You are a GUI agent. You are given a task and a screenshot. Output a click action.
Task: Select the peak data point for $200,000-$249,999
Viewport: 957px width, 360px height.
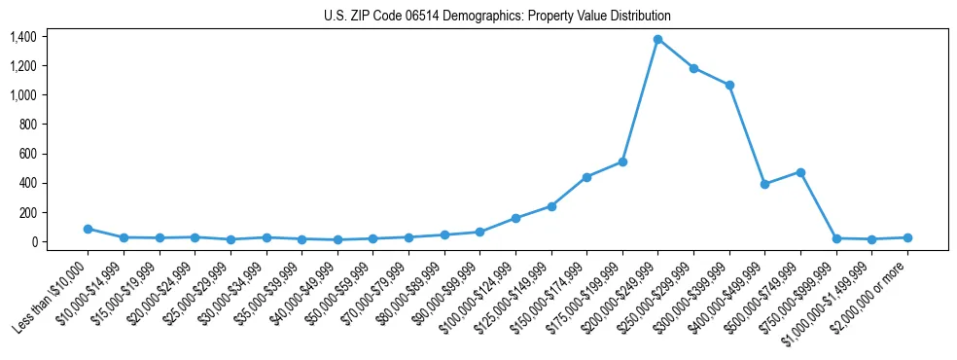(658, 39)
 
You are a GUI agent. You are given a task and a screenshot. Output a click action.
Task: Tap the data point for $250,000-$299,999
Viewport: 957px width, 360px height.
(693, 68)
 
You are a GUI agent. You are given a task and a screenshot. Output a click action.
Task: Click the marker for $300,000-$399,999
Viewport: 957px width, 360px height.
(729, 86)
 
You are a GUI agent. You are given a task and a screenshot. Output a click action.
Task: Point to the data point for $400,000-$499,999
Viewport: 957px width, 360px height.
(765, 184)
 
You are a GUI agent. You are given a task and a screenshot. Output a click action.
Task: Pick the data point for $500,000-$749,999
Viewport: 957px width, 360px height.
(800, 172)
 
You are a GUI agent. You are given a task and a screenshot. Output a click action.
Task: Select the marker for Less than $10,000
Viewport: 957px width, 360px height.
(88, 229)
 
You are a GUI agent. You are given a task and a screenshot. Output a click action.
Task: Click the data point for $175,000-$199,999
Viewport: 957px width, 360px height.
(622, 162)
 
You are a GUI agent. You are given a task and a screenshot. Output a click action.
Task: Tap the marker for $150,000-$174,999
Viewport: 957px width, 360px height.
(586, 177)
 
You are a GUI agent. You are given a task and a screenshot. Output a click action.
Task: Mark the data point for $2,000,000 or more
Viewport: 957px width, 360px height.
(907, 237)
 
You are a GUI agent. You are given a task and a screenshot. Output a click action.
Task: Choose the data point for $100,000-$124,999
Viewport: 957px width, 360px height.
(515, 218)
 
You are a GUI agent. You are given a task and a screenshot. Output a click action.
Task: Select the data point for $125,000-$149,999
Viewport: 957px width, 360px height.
(551, 206)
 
